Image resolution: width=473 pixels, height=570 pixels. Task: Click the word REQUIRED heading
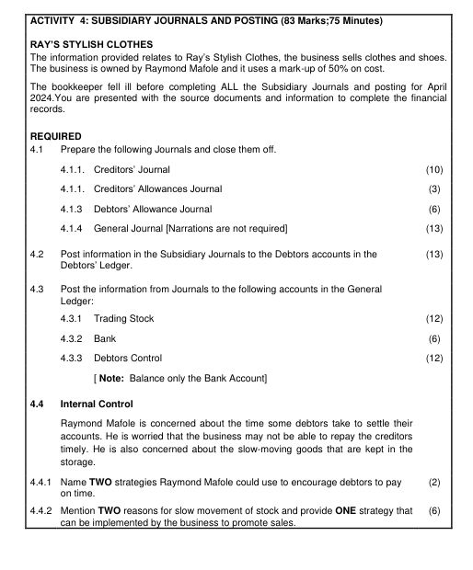pyautogui.click(x=56, y=134)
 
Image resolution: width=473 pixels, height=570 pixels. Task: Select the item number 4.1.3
pyautogui.click(x=74, y=209)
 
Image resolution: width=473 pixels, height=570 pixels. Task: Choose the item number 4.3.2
pyautogui.click(x=74, y=338)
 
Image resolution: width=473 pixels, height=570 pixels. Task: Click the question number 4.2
pyautogui.click(x=38, y=254)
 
